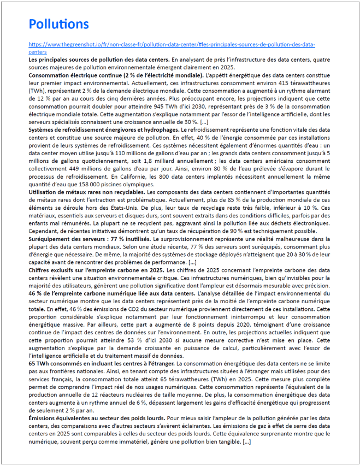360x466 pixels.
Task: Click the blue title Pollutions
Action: pyautogui.click(x=58, y=25)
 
